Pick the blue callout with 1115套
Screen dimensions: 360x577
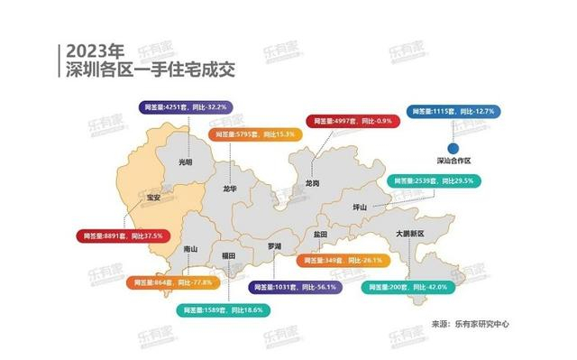[x=453, y=111]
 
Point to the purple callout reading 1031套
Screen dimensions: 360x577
[x=293, y=287]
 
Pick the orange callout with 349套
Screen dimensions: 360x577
[x=342, y=260]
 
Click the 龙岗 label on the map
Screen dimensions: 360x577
[x=312, y=181]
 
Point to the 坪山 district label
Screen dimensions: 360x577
[x=359, y=207]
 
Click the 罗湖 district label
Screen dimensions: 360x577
[x=275, y=245]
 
